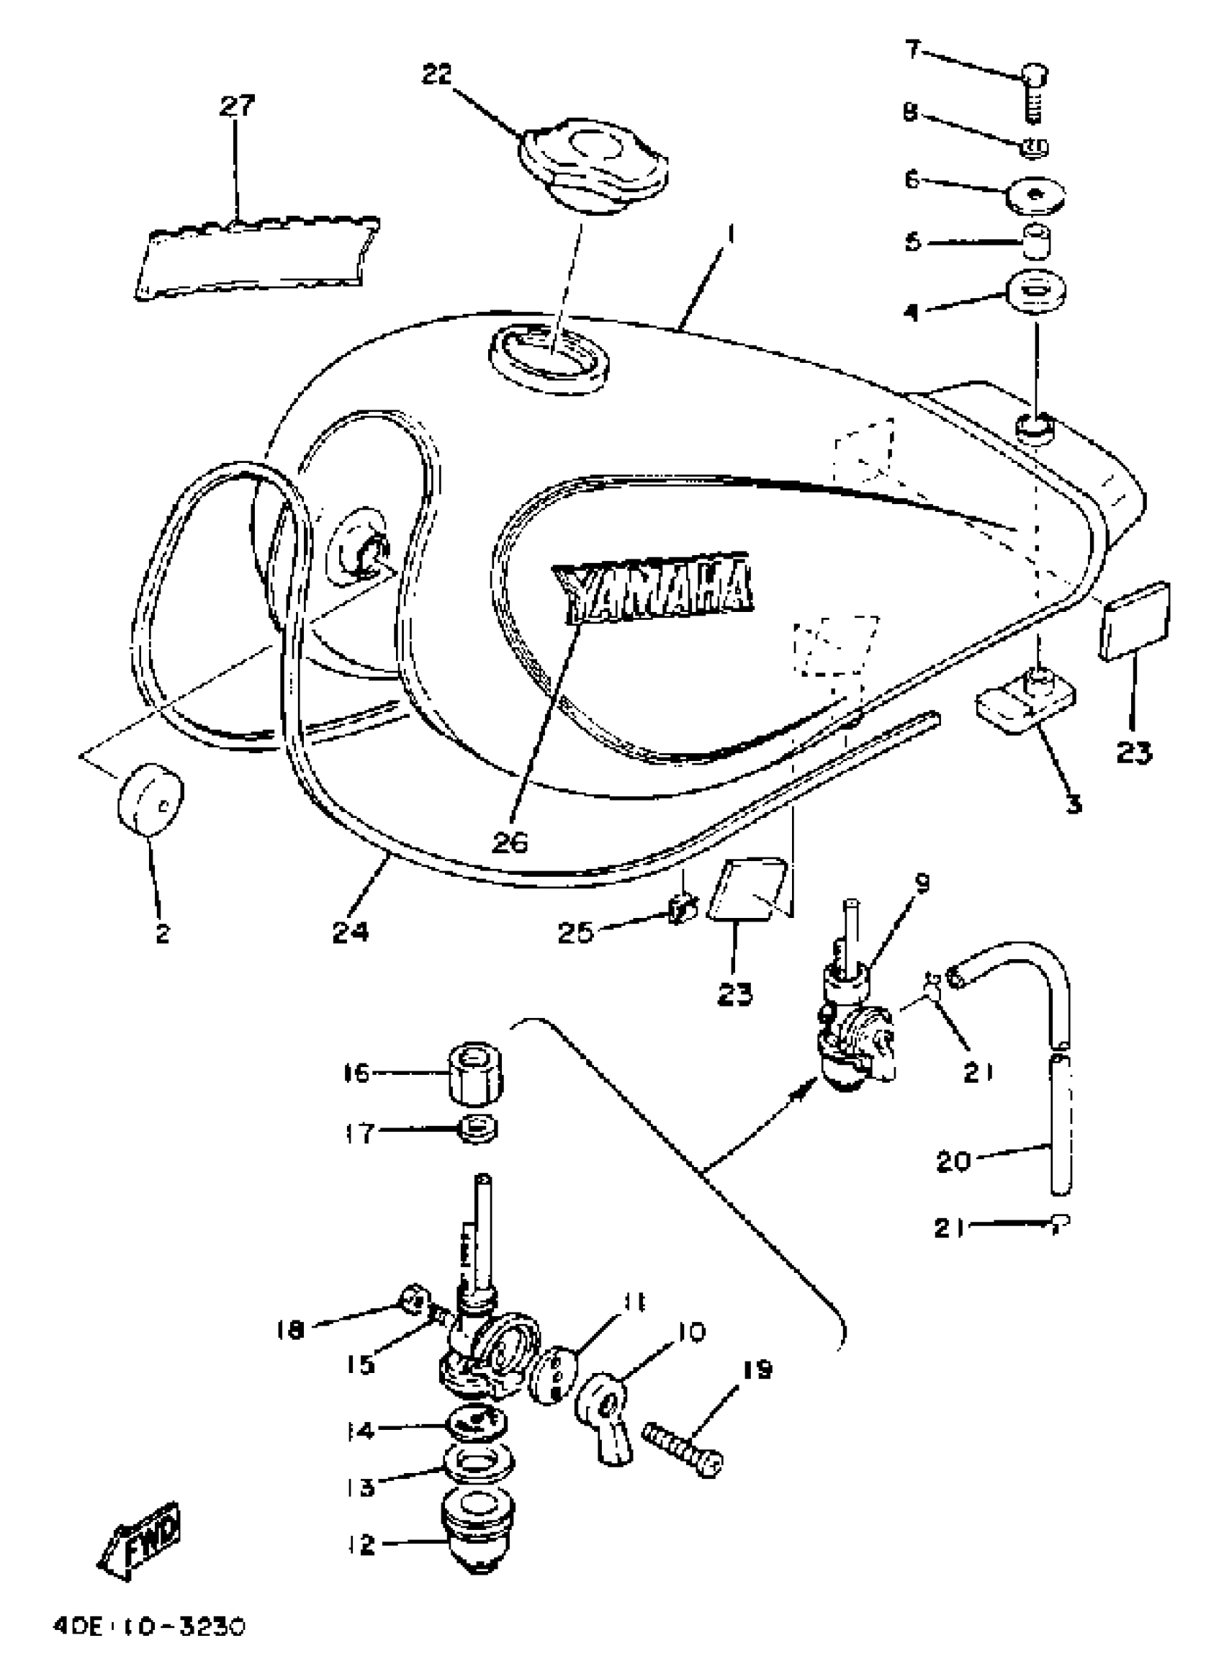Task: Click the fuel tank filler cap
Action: pos(591,166)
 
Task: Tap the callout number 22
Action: pos(436,74)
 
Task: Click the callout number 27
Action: pos(236,105)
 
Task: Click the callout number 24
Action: pos(350,932)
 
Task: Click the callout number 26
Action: pos(510,842)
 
